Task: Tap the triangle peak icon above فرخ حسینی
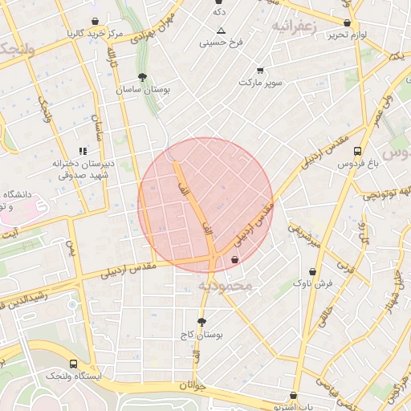222,30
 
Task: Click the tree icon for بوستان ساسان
143,78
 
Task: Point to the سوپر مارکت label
258,82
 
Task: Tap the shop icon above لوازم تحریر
347,23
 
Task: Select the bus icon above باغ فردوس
356,151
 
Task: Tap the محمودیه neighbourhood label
226,285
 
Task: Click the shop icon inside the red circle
234,260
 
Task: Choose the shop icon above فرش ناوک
311,271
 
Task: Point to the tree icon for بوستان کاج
201,322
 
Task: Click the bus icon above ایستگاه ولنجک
74,364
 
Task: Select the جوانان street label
193,386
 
